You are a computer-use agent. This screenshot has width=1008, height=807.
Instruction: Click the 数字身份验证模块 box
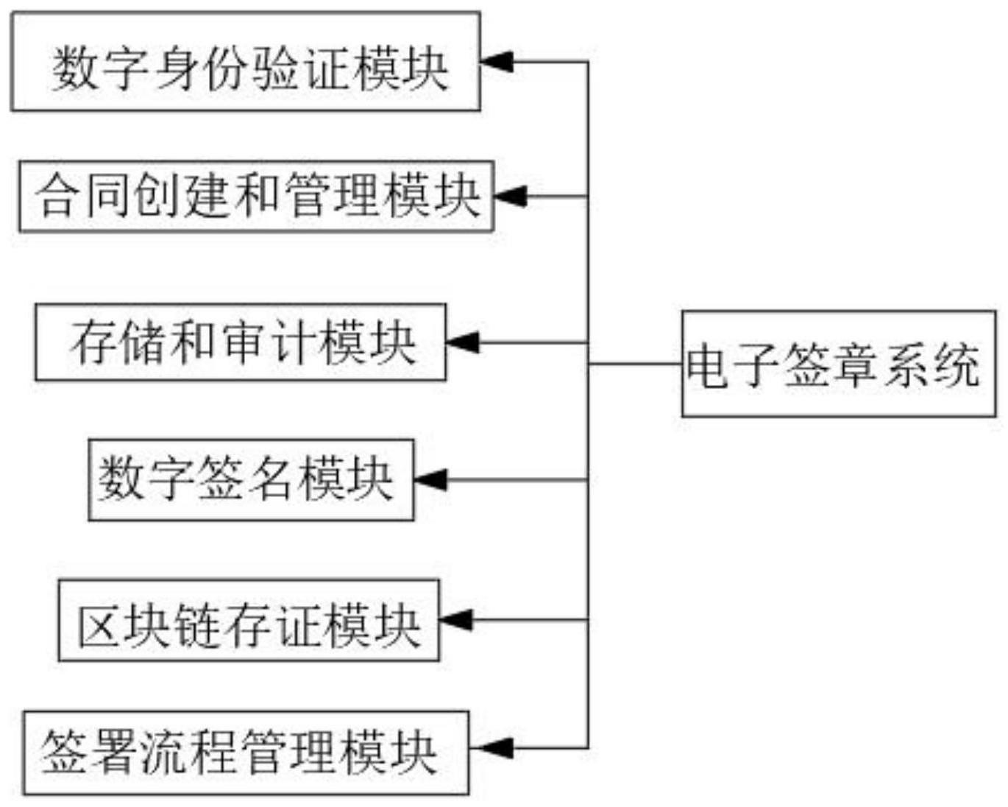[246, 62]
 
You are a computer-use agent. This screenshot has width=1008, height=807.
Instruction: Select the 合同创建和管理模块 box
[256, 196]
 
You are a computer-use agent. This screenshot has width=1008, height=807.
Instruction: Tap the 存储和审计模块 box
[241, 342]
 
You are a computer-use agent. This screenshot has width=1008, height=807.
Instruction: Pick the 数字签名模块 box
[251, 480]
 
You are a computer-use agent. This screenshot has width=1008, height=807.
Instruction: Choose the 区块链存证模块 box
[249, 620]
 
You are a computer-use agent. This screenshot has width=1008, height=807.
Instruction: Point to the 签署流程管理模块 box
[246, 753]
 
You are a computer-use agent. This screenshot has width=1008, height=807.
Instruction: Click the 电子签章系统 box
[839, 364]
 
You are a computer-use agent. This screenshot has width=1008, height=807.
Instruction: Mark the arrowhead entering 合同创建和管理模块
[508, 197]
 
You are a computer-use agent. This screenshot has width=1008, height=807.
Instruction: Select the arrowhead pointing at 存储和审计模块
[461, 342]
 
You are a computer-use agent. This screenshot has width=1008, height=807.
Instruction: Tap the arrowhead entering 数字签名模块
[430, 480]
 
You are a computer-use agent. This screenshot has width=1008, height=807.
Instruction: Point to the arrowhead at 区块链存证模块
[455, 620]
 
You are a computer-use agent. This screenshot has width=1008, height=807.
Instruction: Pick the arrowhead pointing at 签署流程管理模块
[484, 748]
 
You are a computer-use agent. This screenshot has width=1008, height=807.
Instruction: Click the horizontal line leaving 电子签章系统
[634, 364]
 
